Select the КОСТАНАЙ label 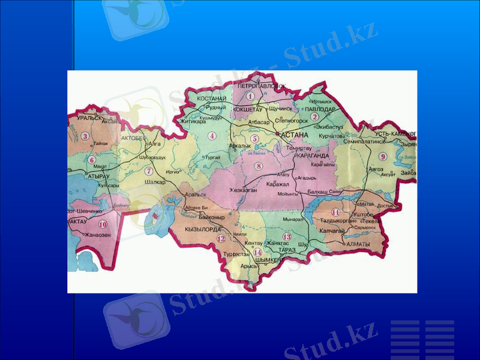click(211, 98)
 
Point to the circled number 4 click(212, 136)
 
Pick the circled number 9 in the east click(383, 157)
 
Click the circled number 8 click(259, 166)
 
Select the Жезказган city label click(243, 190)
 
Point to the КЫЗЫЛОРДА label click(203, 229)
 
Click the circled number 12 click(221, 239)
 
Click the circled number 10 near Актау click(103, 224)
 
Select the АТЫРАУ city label click(98, 177)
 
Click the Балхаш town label click(316, 190)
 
